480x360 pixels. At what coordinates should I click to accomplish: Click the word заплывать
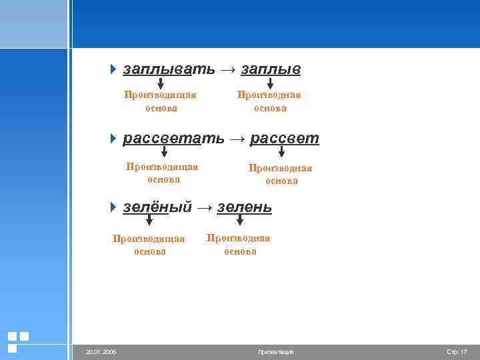pyautogui.click(x=169, y=69)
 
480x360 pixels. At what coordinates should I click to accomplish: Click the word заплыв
pyautogui.click(x=271, y=69)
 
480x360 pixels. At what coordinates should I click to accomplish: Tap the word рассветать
pyautogui.click(x=173, y=139)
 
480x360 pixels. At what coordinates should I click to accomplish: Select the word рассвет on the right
pyautogui.click(x=284, y=139)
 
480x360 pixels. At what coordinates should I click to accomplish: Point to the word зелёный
pyautogui.click(x=157, y=207)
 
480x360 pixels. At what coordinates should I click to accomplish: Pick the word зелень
pyautogui.click(x=245, y=207)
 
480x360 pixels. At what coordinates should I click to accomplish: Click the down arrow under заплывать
pyautogui.click(x=161, y=83)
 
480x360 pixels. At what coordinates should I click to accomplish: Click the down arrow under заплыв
pyautogui.click(x=270, y=83)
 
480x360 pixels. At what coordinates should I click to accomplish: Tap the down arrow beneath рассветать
pyautogui.click(x=164, y=153)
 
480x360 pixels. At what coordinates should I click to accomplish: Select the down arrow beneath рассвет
pyautogui.click(x=281, y=153)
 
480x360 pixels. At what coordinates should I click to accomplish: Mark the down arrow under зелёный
pyautogui.click(x=149, y=222)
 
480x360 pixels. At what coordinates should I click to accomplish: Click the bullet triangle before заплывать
pyautogui.click(x=113, y=69)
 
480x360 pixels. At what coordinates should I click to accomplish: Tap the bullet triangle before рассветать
pyautogui.click(x=113, y=139)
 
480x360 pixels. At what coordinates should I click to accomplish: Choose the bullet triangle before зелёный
pyautogui.click(x=113, y=207)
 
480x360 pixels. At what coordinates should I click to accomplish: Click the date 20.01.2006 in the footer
pyautogui.click(x=101, y=352)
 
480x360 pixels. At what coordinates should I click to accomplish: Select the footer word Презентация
pyautogui.click(x=275, y=352)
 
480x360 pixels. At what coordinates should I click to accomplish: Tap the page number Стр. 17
pyautogui.click(x=457, y=352)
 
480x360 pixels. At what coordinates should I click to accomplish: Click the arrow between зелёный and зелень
pyautogui.click(x=205, y=208)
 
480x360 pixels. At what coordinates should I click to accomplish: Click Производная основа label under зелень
pyautogui.click(x=239, y=245)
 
